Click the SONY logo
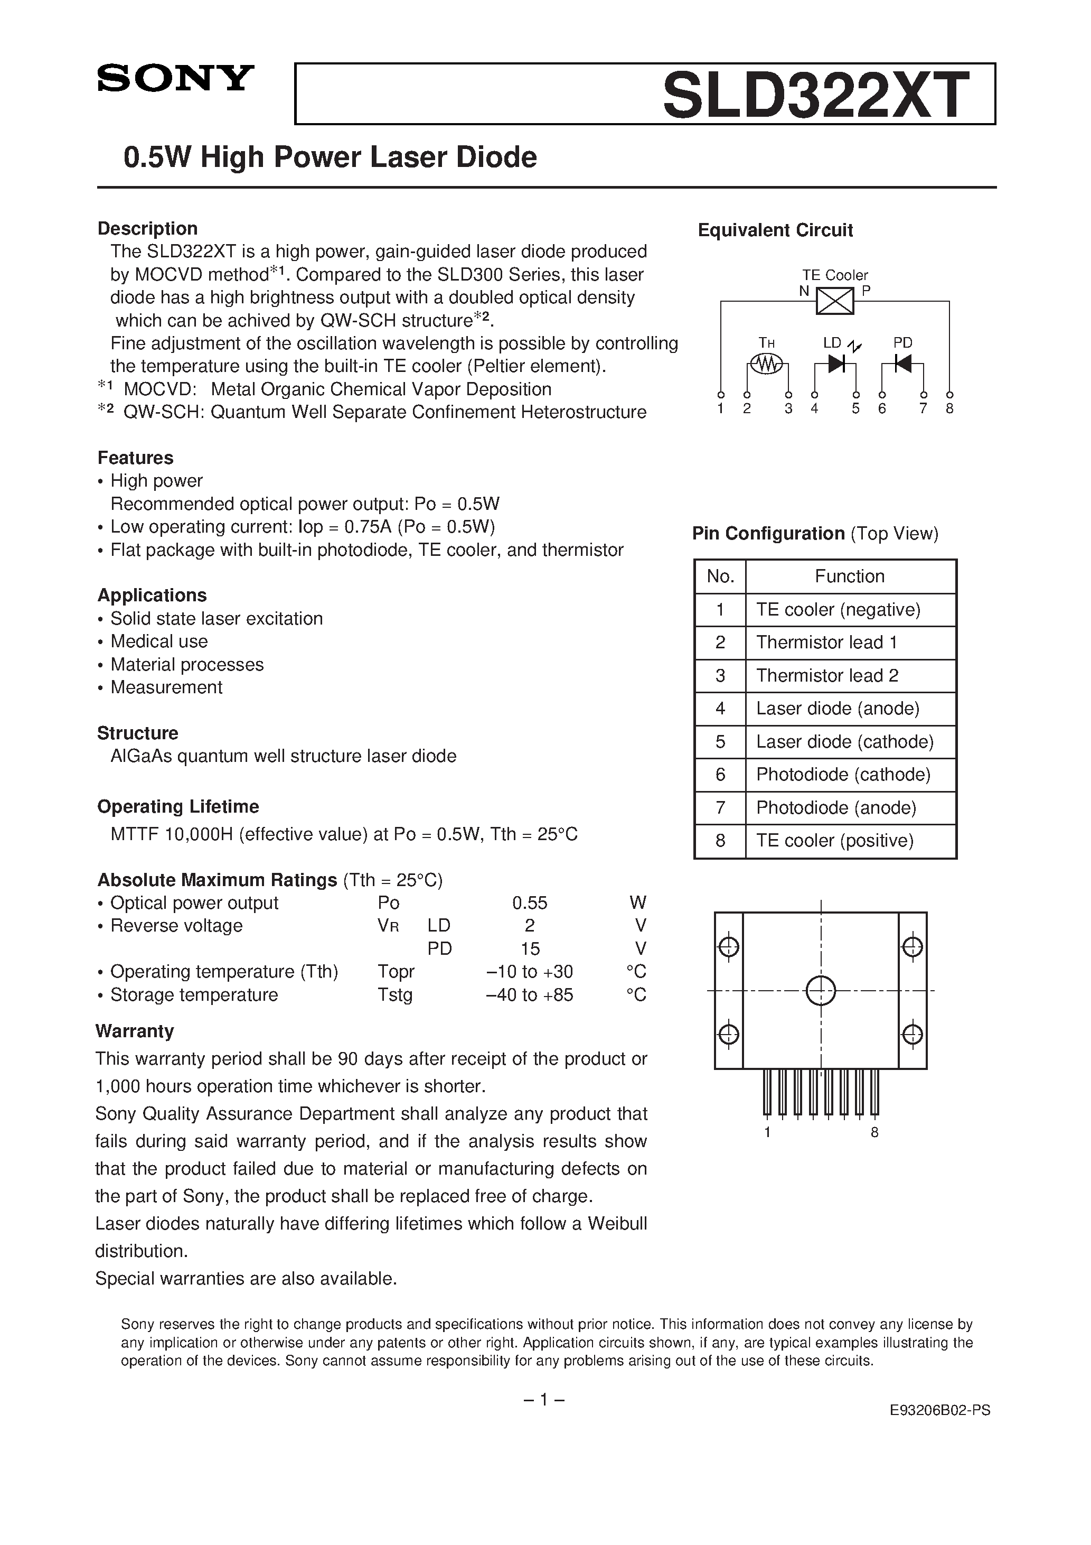(175, 78)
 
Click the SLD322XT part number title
(816, 96)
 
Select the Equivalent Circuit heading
(775, 230)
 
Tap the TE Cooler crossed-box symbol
(835, 300)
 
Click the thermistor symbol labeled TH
(767, 364)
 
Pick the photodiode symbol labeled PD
(902, 364)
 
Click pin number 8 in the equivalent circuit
(949, 408)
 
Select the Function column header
(850, 576)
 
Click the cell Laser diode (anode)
(838, 709)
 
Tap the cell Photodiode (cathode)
(843, 775)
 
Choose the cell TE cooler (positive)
(835, 841)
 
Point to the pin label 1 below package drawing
(767, 1132)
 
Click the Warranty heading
(135, 1031)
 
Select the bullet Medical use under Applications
(159, 641)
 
